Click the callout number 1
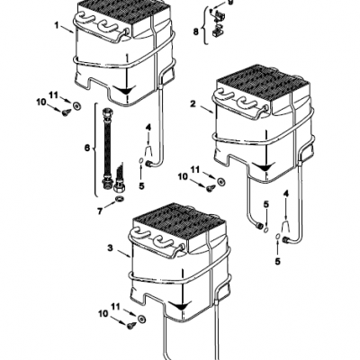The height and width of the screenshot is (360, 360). [x=56, y=25]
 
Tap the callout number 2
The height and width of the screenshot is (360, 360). [x=193, y=103]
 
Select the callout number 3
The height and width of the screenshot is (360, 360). [x=111, y=248]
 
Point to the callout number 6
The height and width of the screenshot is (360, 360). [x=87, y=148]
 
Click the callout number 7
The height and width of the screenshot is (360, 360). [x=100, y=211]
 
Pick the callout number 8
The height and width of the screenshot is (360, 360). [x=196, y=31]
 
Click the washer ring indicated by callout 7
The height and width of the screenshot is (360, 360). [x=120, y=199]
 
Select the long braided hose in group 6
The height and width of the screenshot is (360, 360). [x=107, y=145]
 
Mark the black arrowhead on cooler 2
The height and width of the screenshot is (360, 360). [x=264, y=166]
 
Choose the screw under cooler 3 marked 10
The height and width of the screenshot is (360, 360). [x=131, y=325]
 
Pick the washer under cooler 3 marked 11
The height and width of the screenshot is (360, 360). [x=141, y=319]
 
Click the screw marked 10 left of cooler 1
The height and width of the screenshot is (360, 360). [x=67, y=112]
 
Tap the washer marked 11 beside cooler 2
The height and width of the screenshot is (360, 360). [x=221, y=182]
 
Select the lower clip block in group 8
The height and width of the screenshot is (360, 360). [x=217, y=31]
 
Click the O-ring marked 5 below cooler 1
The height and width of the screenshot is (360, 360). [x=140, y=162]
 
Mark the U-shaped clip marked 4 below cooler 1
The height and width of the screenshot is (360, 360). [x=148, y=150]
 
